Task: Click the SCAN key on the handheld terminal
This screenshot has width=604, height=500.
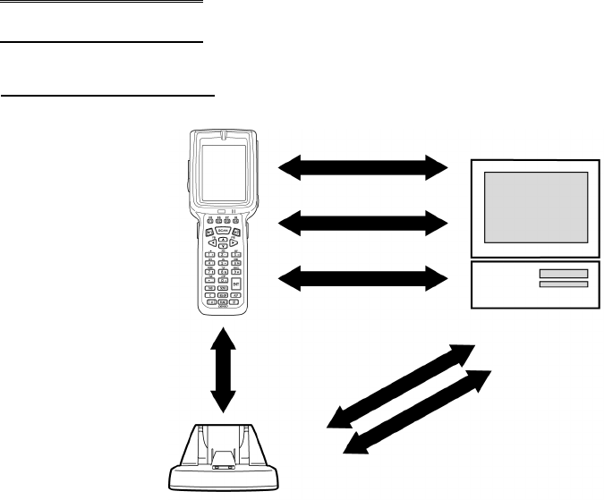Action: tap(223, 231)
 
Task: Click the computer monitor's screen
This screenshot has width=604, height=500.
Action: tap(536, 206)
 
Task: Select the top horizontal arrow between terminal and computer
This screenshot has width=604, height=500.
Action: tap(363, 166)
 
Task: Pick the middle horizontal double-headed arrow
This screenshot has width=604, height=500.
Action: tap(363, 222)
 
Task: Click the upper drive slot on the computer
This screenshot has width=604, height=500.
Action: tap(563, 273)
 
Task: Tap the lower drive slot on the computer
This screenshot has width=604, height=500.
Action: tap(563, 284)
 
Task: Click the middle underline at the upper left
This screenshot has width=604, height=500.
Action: tap(102, 41)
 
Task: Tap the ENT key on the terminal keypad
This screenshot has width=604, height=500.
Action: tap(235, 284)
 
